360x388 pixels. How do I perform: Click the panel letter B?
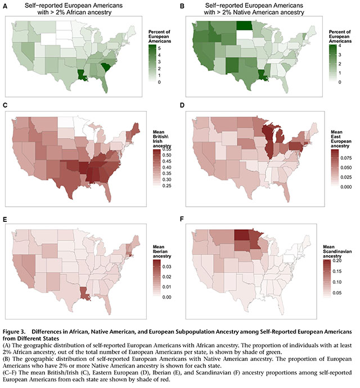coord(183,6)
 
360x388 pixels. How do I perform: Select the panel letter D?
coord(183,106)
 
